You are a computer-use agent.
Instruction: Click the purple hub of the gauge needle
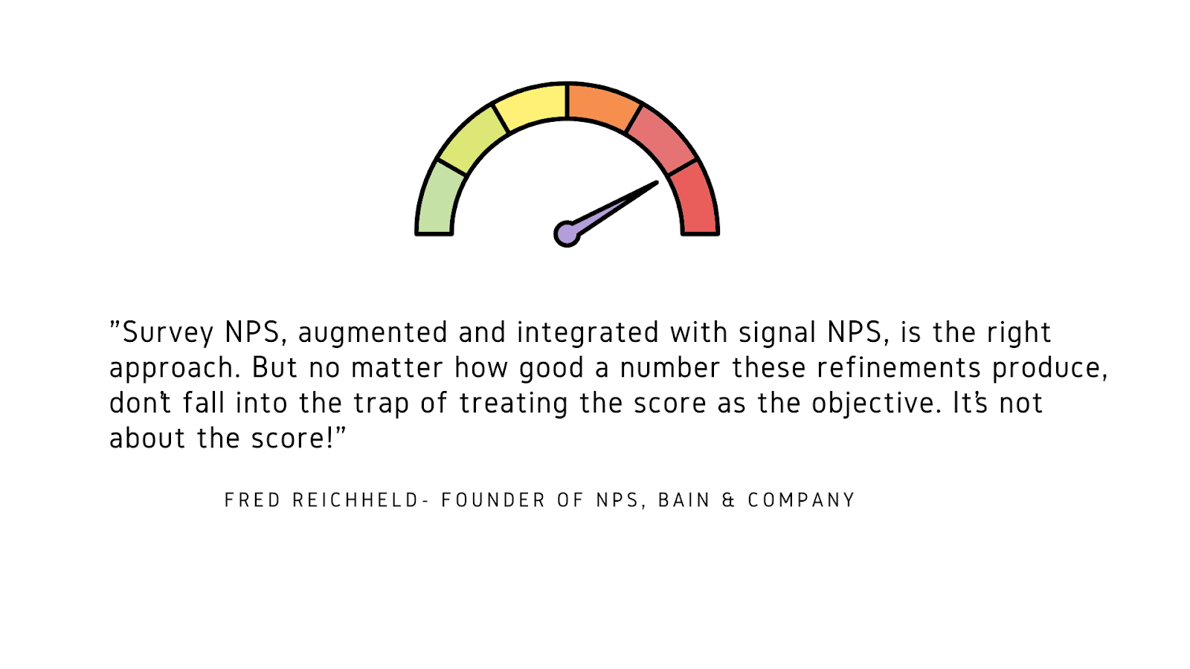[567, 234]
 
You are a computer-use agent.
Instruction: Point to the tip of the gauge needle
[655, 183]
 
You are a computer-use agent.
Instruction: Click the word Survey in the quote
[168, 333]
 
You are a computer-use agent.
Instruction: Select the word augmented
[373, 333]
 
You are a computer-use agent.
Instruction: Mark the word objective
[875, 403]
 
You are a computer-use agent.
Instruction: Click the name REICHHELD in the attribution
[356, 500]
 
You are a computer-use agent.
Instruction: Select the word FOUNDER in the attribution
[494, 500]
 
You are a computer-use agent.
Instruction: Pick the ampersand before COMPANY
[728, 500]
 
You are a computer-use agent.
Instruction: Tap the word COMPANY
[801, 500]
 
